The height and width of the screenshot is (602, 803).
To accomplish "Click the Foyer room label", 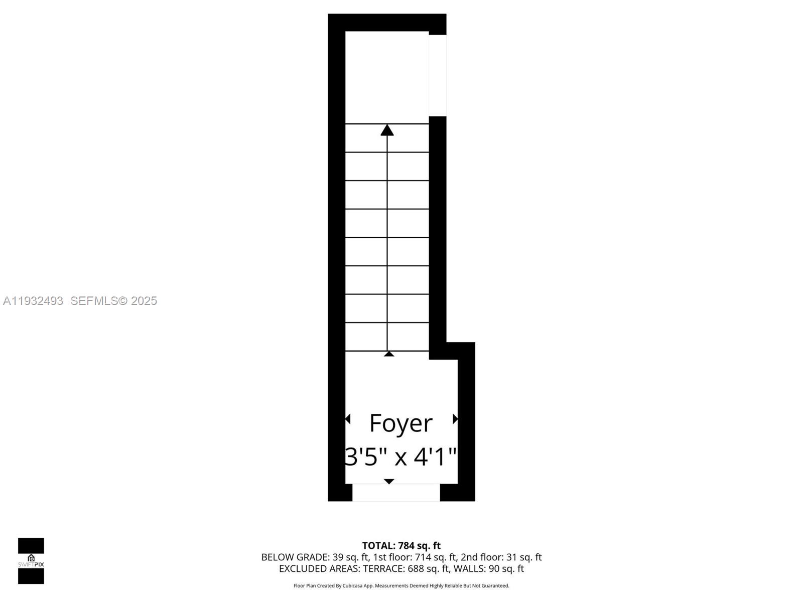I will [x=400, y=423].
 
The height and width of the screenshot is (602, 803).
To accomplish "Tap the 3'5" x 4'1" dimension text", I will [x=400, y=457].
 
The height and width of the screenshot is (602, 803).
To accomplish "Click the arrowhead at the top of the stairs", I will [x=387, y=130].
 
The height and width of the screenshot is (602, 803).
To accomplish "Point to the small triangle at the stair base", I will [x=389, y=354].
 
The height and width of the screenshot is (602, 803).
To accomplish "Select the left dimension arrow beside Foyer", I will [x=348, y=419].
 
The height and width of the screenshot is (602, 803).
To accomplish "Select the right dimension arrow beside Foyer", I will [x=455, y=419].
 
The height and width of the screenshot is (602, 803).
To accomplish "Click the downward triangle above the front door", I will [x=389, y=482].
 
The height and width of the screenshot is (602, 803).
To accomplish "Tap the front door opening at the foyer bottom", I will [x=396, y=493].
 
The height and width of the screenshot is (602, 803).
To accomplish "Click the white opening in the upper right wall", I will [x=438, y=75].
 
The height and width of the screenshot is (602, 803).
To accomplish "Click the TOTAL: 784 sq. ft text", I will [x=401, y=545].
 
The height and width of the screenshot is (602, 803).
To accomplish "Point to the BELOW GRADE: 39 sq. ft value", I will [x=315, y=557].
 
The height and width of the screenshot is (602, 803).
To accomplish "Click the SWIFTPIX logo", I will [x=31, y=561].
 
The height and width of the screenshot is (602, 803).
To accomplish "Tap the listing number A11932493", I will [x=33, y=300].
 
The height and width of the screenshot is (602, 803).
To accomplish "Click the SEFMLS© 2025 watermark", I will [x=114, y=300].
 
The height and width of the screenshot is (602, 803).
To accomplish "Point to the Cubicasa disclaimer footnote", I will [x=401, y=585].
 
